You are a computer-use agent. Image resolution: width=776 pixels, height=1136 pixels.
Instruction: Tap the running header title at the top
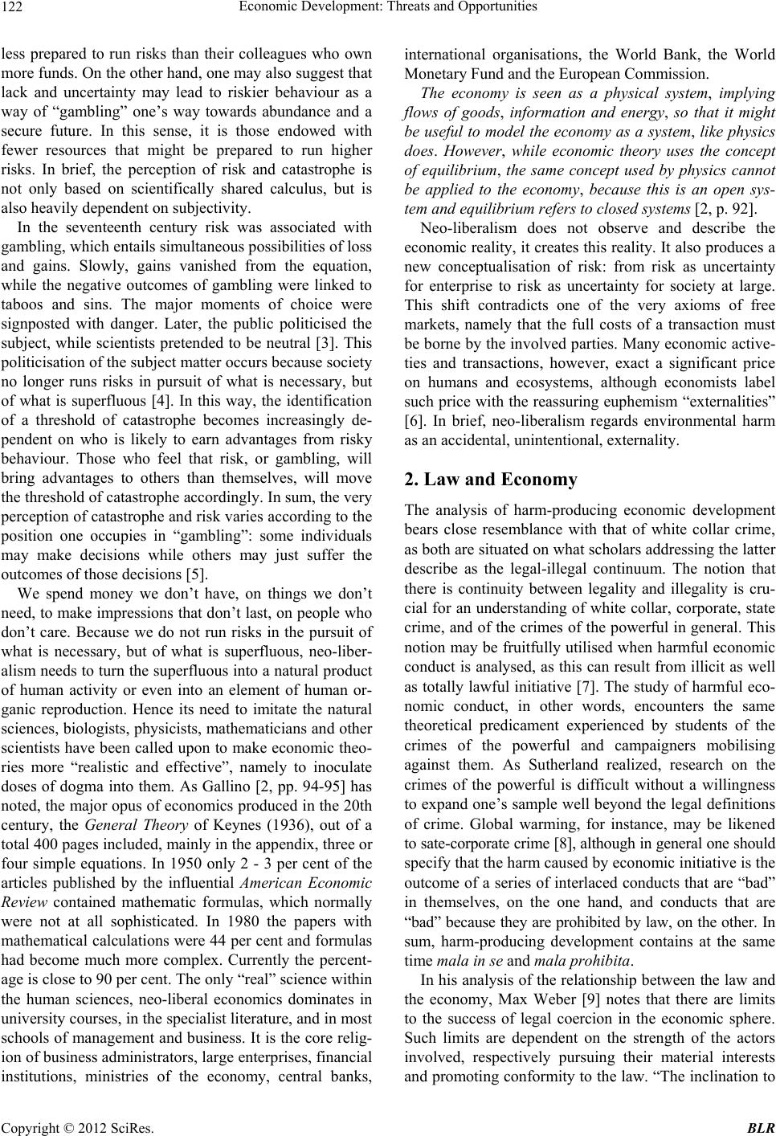pos(388,8)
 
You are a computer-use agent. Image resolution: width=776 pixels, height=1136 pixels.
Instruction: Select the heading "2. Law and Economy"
pos(490,480)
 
